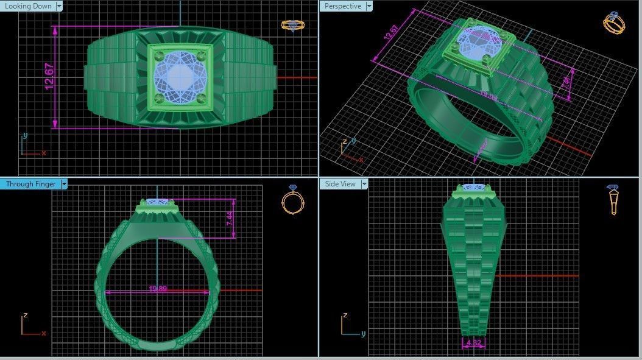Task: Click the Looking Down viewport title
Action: [28, 6]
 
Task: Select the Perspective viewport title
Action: [342, 6]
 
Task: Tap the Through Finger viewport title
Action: [30, 183]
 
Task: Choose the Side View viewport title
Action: [340, 183]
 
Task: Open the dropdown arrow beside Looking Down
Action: [59, 6]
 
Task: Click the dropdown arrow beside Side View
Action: [364, 183]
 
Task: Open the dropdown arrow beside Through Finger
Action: [64, 183]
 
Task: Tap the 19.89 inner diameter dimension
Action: [158, 289]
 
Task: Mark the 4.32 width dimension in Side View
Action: [473, 343]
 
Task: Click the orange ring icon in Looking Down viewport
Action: [293, 25]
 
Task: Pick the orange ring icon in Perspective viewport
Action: [613, 23]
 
